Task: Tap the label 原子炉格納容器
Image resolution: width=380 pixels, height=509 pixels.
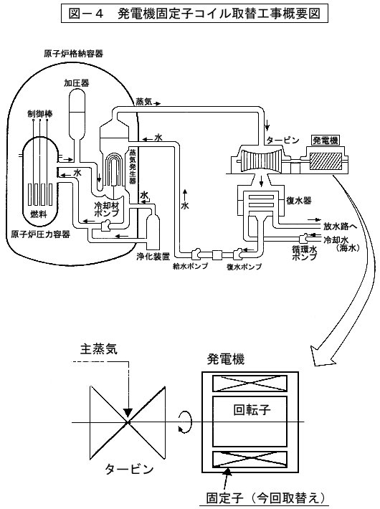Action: pos(74,54)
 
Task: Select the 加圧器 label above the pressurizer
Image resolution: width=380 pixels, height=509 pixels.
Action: pos(77,83)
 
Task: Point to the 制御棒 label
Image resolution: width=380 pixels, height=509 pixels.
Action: pos(40,113)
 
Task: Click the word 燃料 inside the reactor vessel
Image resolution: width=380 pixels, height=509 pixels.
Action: pos(39,214)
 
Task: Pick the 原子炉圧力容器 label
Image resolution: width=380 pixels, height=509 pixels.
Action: pos(41,234)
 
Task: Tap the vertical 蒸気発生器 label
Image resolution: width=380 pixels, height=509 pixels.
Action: pos(133,166)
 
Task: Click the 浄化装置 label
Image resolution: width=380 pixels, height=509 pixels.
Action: pos(153,257)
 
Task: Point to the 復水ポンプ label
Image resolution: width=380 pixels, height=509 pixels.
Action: pos(244,267)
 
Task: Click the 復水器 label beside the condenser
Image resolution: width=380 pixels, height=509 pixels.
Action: pos(299,201)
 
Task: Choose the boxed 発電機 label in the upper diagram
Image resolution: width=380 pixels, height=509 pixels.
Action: pos(325,141)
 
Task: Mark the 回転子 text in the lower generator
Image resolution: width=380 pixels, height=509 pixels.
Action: pos(252,409)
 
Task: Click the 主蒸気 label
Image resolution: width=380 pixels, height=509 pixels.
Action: pos(99,349)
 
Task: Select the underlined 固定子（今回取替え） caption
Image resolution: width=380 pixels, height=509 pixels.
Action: pos(266,498)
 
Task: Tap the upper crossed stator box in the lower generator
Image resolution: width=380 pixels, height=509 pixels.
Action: pos(250,384)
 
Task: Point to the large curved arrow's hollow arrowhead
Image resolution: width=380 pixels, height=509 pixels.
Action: pos(320,358)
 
